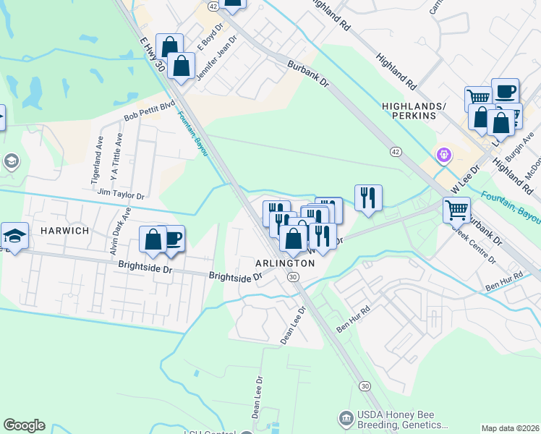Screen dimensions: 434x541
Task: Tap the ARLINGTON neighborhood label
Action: pyautogui.click(x=286, y=263)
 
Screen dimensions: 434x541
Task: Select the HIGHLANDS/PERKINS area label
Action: pyautogui.click(x=419, y=111)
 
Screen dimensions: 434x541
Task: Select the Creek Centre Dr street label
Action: pyautogui.click(x=474, y=245)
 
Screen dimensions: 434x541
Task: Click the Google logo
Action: pyautogui.click(x=24, y=425)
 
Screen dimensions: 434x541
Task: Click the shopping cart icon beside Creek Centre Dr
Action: pyautogui.click(x=456, y=210)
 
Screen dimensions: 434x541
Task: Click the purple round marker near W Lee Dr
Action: pyautogui.click(x=443, y=154)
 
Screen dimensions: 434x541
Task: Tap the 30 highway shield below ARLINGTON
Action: pyautogui.click(x=292, y=277)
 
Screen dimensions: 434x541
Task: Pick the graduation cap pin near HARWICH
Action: pyautogui.click(x=14, y=235)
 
